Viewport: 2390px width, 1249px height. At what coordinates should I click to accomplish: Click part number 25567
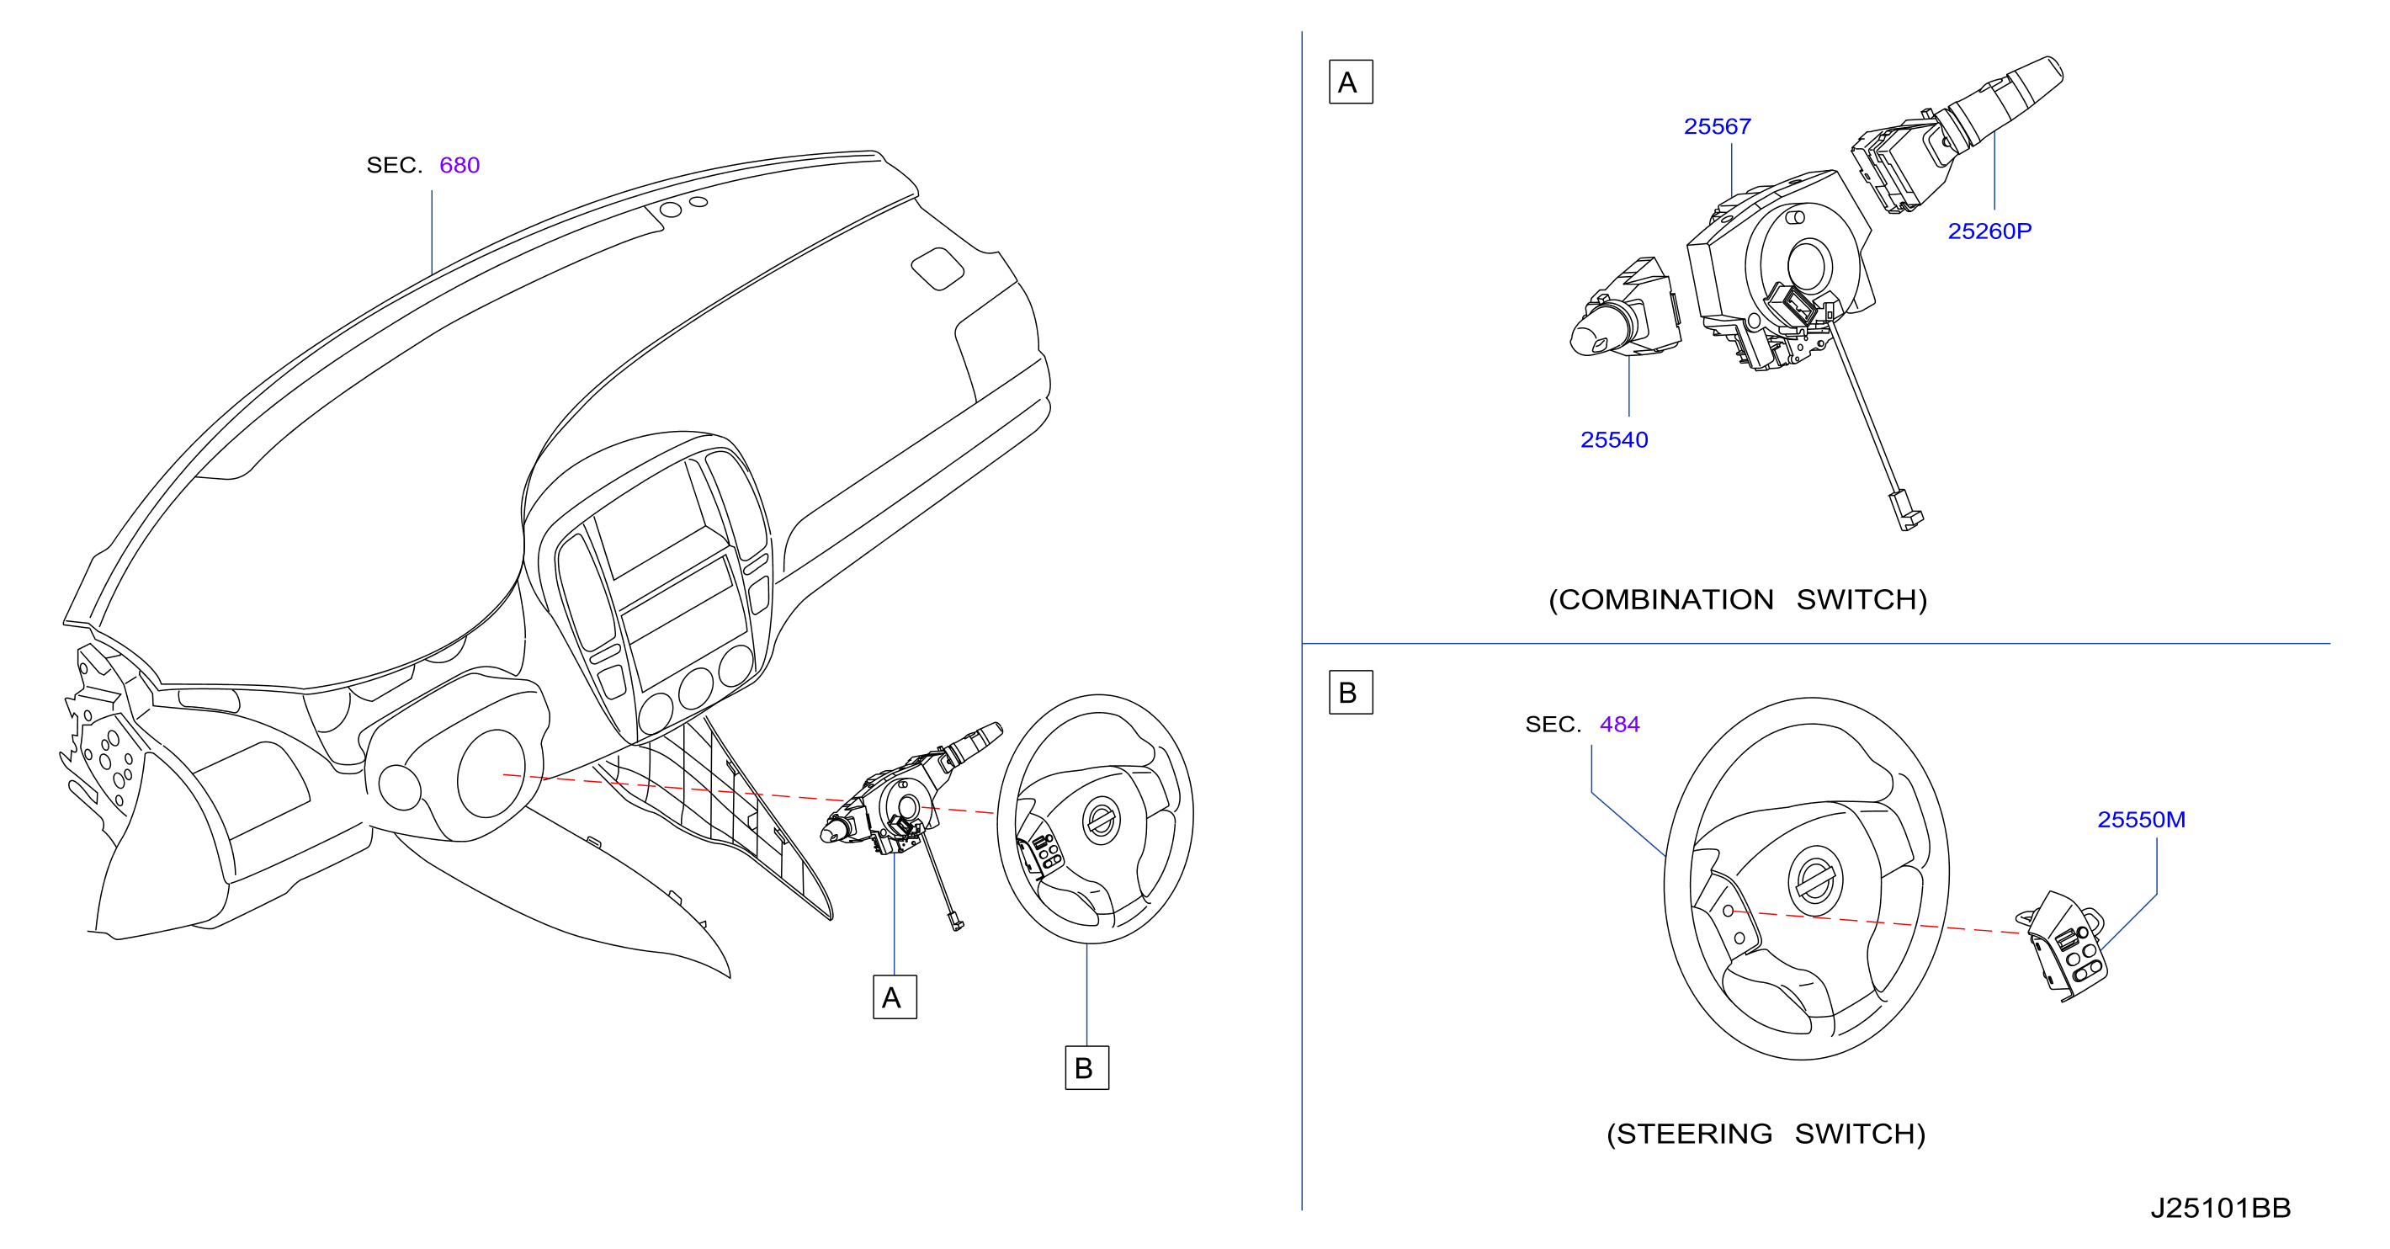click(x=1717, y=126)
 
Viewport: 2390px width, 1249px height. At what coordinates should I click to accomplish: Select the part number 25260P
click(x=1989, y=231)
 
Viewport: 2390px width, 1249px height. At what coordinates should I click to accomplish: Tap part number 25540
click(x=1613, y=440)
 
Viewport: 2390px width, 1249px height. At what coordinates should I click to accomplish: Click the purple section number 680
click(x=459, y=165)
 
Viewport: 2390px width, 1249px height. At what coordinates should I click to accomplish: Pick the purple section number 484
click(x=1619, y=724)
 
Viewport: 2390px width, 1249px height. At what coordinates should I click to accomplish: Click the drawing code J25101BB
click(x=2220, y=1207)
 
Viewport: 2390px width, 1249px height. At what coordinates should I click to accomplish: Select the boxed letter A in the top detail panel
click(x=1350, y=82)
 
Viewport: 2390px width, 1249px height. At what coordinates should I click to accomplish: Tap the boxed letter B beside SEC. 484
click(x=1350, y=692)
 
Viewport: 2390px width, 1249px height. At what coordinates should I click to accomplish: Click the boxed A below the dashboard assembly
click(x=895, y=997)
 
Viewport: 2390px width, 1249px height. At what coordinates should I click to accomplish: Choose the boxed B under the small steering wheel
click(x=1086, y=1067)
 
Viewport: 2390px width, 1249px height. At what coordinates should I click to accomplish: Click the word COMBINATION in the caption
click(x=1666, y=599)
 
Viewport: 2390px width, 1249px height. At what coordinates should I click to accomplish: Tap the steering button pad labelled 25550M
click(x=2066, y=947)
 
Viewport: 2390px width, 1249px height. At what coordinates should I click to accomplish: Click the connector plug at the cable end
click(x=1904, y=509)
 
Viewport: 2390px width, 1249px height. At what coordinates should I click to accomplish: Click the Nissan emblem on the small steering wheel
click(x=1102, y=821)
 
